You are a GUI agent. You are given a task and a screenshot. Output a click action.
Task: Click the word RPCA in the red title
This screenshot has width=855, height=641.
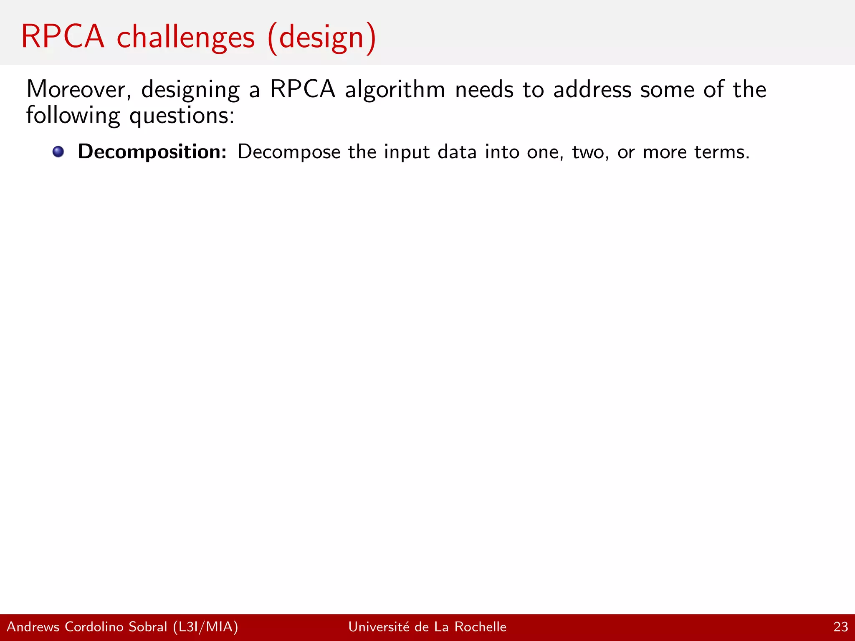63,37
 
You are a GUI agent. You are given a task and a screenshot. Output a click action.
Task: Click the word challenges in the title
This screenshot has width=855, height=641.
186,38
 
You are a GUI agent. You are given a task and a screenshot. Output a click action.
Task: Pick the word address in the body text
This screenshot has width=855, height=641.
592,89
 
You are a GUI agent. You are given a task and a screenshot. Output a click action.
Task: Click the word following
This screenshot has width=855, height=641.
73,116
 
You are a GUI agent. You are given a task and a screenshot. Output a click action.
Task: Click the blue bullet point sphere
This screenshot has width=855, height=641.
58,151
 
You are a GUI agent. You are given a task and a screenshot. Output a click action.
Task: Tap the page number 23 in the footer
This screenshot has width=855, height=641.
840,627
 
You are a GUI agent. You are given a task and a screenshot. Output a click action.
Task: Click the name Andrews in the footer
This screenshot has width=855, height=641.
33,627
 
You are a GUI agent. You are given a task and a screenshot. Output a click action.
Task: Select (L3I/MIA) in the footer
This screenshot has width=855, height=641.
205,627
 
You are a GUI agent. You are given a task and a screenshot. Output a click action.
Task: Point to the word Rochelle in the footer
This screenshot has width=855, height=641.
480,627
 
